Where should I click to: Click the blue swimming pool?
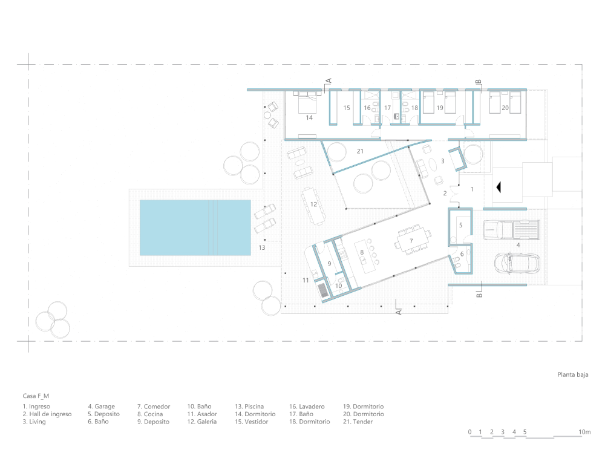tap(195, 227)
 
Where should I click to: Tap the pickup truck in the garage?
tap(512, 230)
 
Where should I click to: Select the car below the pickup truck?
tap(517, 264)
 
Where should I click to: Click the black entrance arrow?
tap(499, 188)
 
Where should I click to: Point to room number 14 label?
tap(309, 118)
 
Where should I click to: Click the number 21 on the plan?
tap(360, 151)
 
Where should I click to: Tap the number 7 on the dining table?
tap(411, 241)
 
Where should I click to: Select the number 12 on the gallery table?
tap(313, 204)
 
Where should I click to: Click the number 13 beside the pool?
tap(262, 248)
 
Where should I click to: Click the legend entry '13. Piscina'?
tap(249, 406)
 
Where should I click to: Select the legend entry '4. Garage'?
tap(102, 406)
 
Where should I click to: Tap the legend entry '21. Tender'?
tap(358, 422)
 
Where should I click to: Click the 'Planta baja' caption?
tap(573, 374)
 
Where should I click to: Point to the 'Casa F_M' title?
tap(36, 396)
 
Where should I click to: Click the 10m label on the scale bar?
tap(584, 432)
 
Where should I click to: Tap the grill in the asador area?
tap(323, 290)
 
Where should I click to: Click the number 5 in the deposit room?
tap(460, 225)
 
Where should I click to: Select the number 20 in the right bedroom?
tap(505, 108)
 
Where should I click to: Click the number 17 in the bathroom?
tap(387, 108)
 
